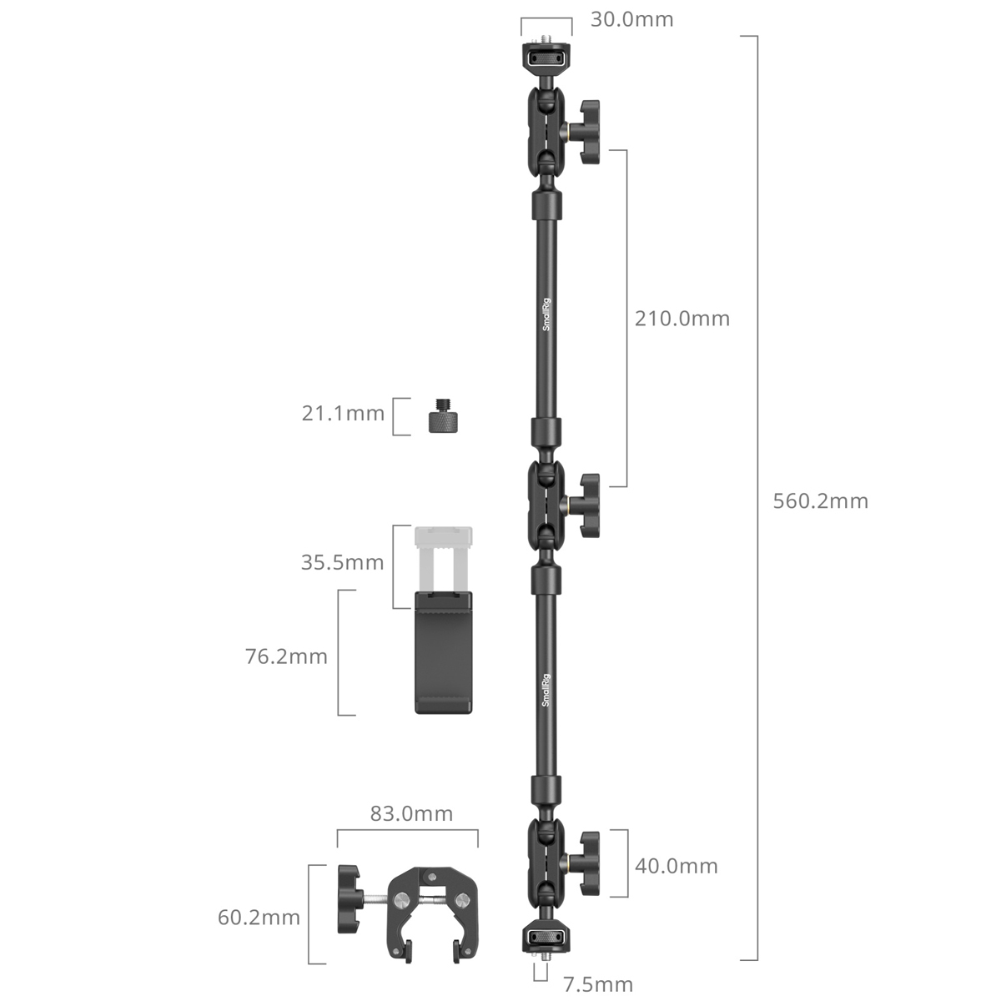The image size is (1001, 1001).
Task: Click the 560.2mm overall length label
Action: tap(821, 501)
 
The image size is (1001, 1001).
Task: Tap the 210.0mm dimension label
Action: tap(682, 319)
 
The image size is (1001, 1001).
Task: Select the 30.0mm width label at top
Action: tap(631, 19)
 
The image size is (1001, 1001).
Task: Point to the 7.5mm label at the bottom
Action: tap(598, 984)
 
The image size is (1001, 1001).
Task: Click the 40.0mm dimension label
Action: tap(677, 866)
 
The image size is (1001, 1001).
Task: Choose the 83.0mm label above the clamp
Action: tap(411, 813)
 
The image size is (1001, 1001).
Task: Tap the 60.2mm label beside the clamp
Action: tap(259, 918)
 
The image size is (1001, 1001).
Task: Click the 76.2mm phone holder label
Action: tap(286, 656)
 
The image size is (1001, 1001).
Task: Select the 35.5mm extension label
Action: tap(343, 562)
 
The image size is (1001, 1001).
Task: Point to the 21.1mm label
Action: tap(343, 412)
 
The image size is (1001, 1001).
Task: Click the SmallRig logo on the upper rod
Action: tap(546, 318)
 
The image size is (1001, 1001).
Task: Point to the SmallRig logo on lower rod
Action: tap(546, 690)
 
